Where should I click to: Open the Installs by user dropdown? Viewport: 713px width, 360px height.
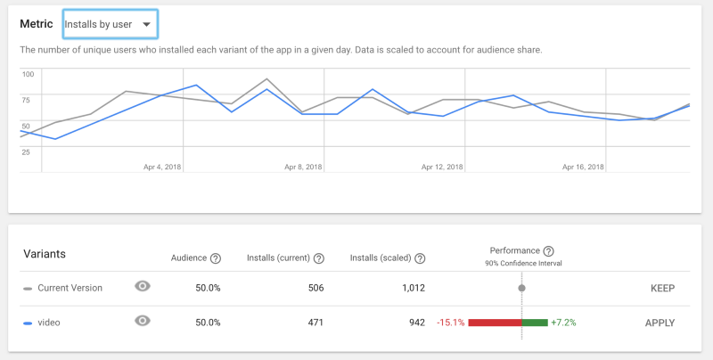pyautogui.click(x=110, y=24)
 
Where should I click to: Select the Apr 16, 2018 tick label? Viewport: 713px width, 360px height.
pyautogui.click(x=584, y=167)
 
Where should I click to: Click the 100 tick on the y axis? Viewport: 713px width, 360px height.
pyautogui.click(x=28, y=75)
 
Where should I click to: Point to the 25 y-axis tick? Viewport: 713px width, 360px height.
pyautogui.click(x=26, y=152)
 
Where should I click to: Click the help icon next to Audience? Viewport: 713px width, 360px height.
pyautogui.click(x=216, y=258)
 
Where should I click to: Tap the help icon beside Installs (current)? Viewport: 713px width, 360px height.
pyautogui.click(x=318, y=258)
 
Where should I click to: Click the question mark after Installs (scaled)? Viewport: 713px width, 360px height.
pyautogui.click(x=420, y=258)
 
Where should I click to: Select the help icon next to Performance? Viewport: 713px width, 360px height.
pyautogui.click(x=549, y=251)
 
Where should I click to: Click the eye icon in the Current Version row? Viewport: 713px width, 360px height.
pyautogui.click(x=143, y=286)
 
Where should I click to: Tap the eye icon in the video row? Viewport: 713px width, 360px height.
pyautogui.click(x=143, y=320)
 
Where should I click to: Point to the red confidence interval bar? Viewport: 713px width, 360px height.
pyautogui.click(x=494, y=322)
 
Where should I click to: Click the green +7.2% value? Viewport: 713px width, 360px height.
pyautogui.click(x=563, y=322)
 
